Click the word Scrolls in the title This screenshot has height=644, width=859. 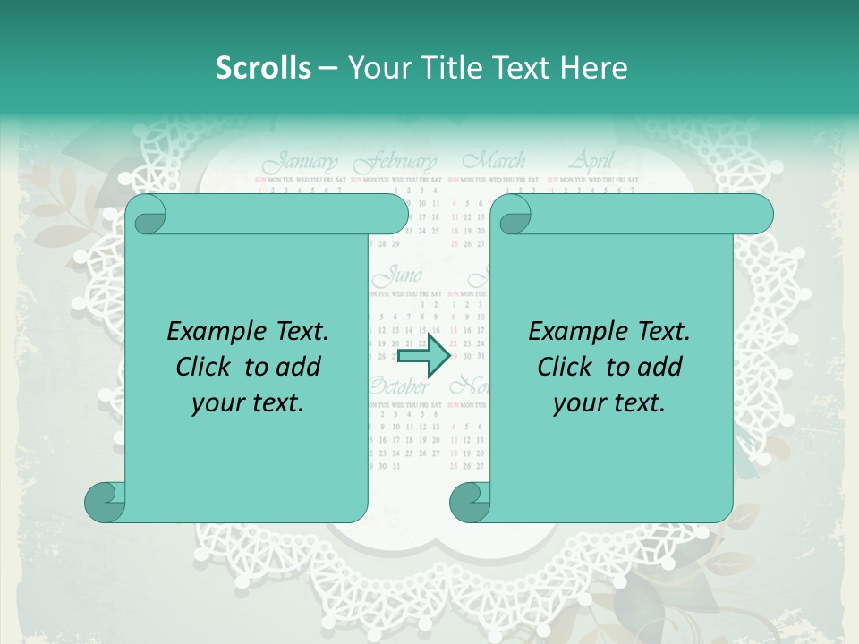[264, 68]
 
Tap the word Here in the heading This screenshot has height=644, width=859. [594, 68]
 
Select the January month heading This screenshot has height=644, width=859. [301, 163]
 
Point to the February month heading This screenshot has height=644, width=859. [395, 164]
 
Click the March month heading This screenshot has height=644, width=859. [493, 162]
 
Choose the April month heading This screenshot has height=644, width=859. [591, 162]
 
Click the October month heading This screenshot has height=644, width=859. [397, 387]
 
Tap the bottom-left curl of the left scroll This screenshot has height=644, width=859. [106, 503]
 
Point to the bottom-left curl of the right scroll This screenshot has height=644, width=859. [470, 503]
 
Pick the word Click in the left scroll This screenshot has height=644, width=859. [207, 368]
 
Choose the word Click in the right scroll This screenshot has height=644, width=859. [568, 368]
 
